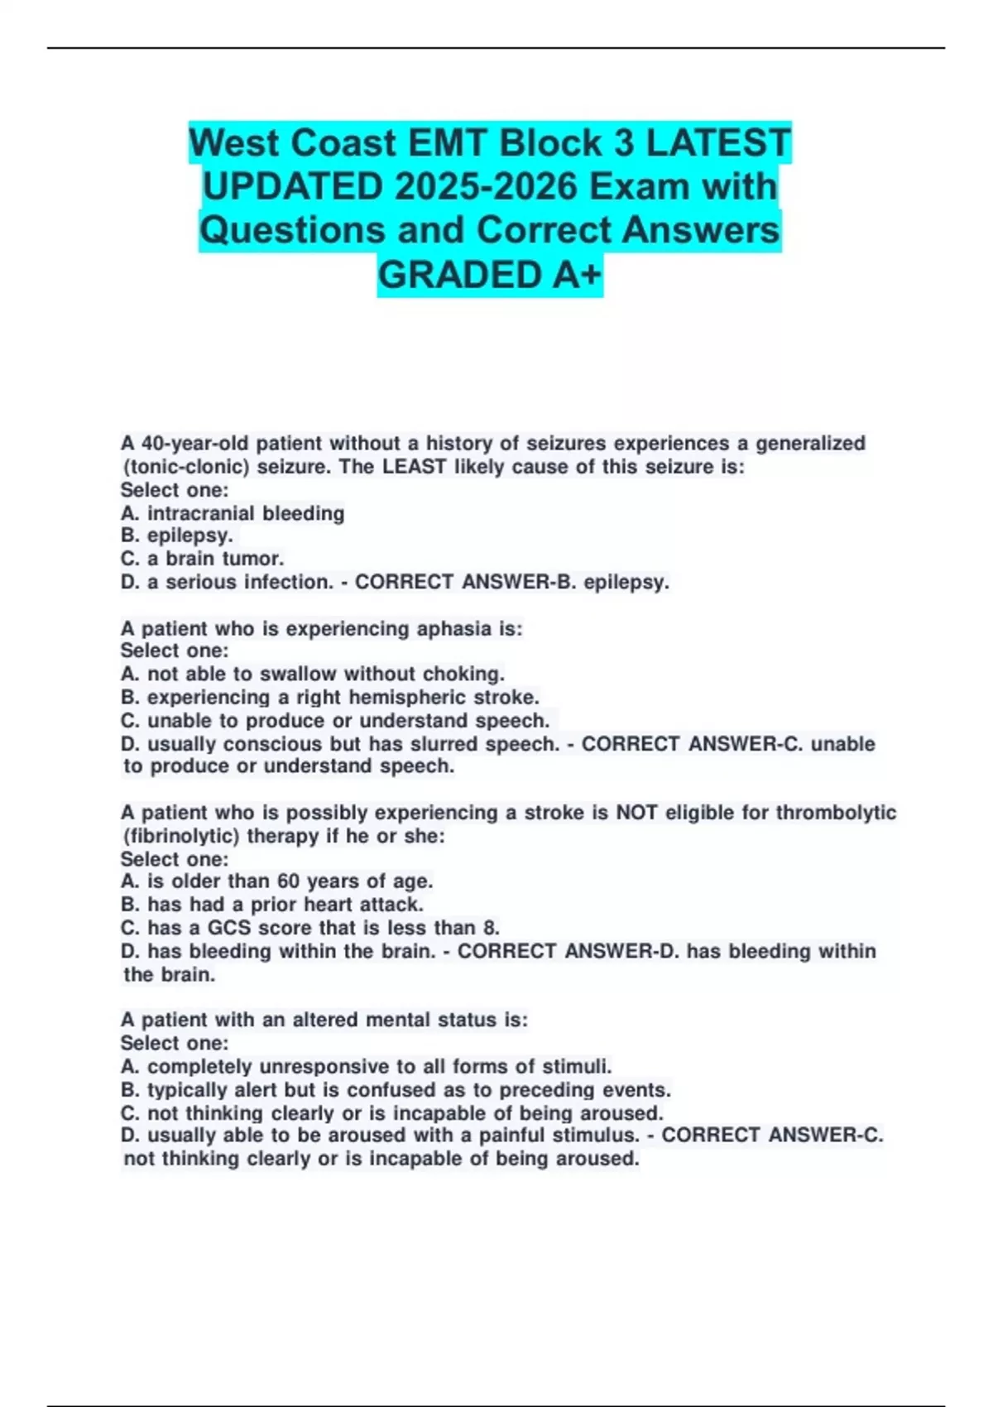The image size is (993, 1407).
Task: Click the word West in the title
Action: pyautogui.click(x=233, y=143)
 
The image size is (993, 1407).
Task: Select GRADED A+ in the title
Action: pyautogui.click(x=490, y=275)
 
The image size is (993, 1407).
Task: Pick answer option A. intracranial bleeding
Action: pyautogui.click(x=233, y=513)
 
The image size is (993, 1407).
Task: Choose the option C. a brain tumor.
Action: pyautogui.click(x=202, y=559)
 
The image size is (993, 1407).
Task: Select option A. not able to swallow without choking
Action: pyautogui.click(x=313, y=674)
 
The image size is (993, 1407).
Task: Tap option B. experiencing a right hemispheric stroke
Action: pyautogui.click(x=330, y=697)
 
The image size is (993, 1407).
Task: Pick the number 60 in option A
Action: pyautogui.click(x=289, y=881)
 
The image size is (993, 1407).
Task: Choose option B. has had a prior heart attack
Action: pyautogui.click(x=272, y=905)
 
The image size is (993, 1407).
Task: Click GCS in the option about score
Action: pyautogui.click(x=229, y=928)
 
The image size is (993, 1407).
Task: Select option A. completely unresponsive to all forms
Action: pyautogui.click(x=366, y=1066)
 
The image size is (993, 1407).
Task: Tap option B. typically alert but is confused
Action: pyautogui.click(x=396, y=1089)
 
